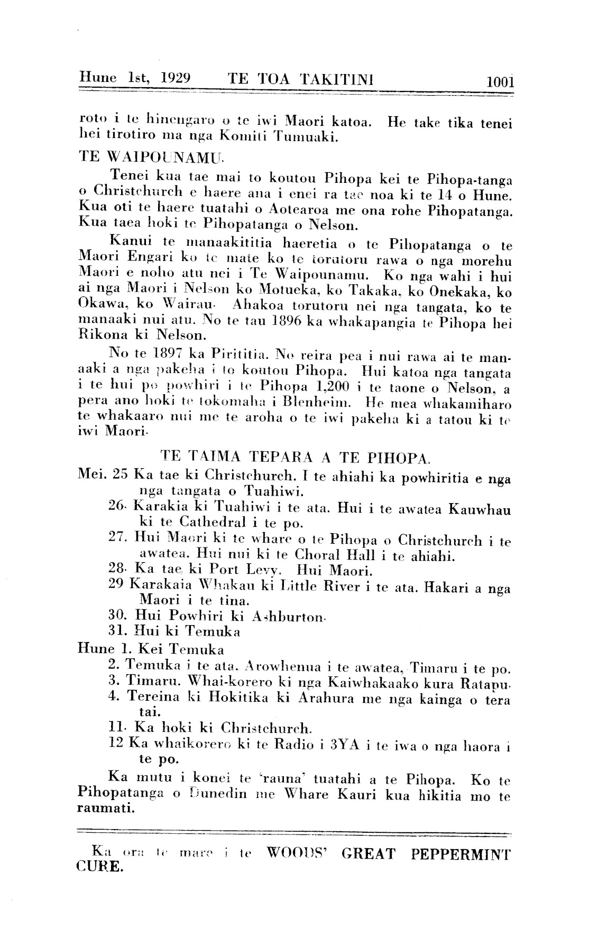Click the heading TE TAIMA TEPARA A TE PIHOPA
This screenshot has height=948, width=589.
296,455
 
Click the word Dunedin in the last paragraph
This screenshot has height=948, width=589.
217,794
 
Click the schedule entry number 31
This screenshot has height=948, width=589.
116,631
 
